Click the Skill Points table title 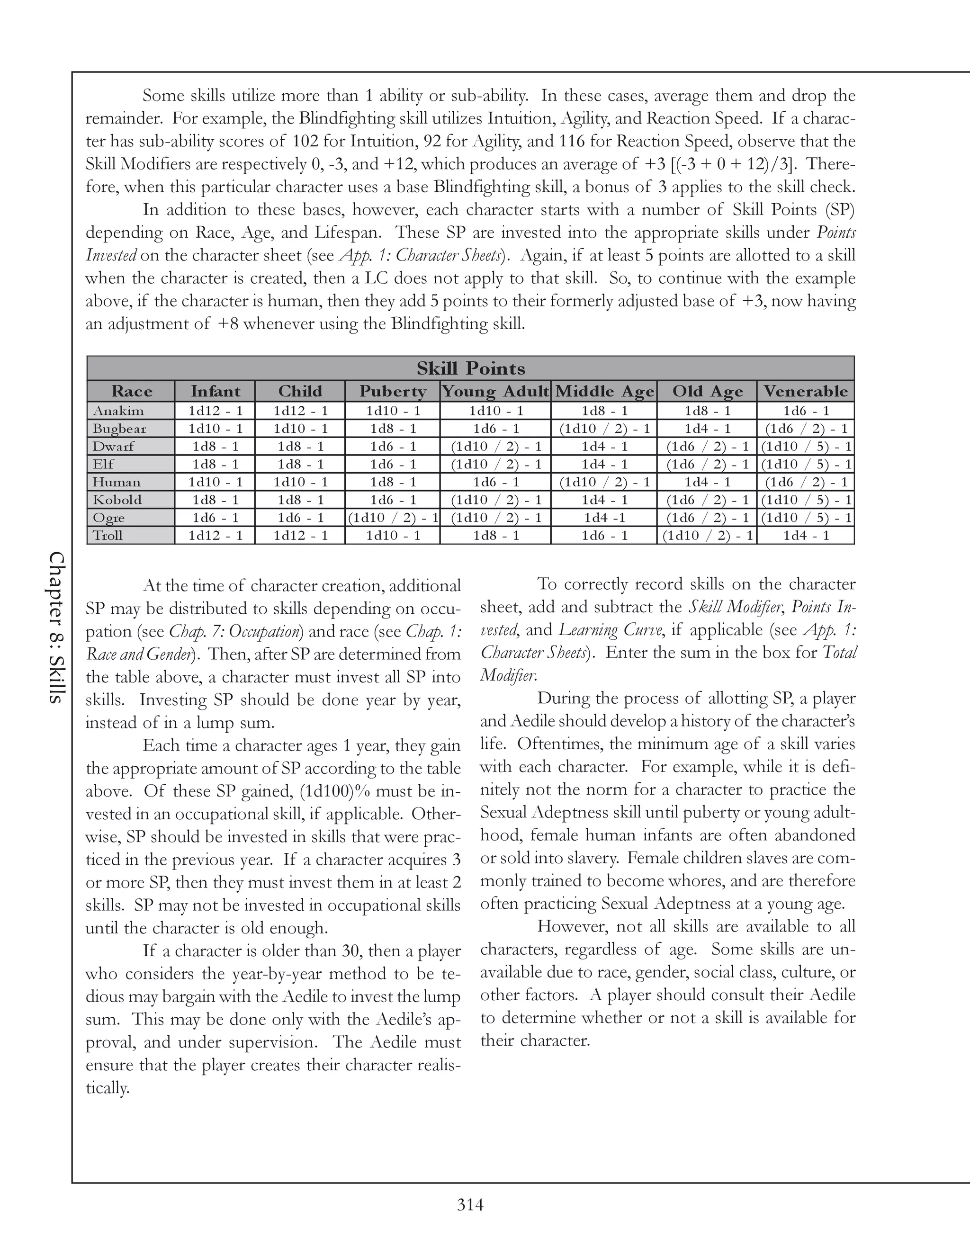click(471, 368)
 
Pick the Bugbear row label click(119, 429)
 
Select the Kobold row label click(117, 500)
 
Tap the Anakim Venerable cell click(805, 411)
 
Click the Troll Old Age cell click(706, 536)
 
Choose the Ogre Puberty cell click(393, 518)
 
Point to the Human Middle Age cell click(603, 482)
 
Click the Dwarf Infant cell click(215, 447)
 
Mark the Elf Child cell click(300, 464)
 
